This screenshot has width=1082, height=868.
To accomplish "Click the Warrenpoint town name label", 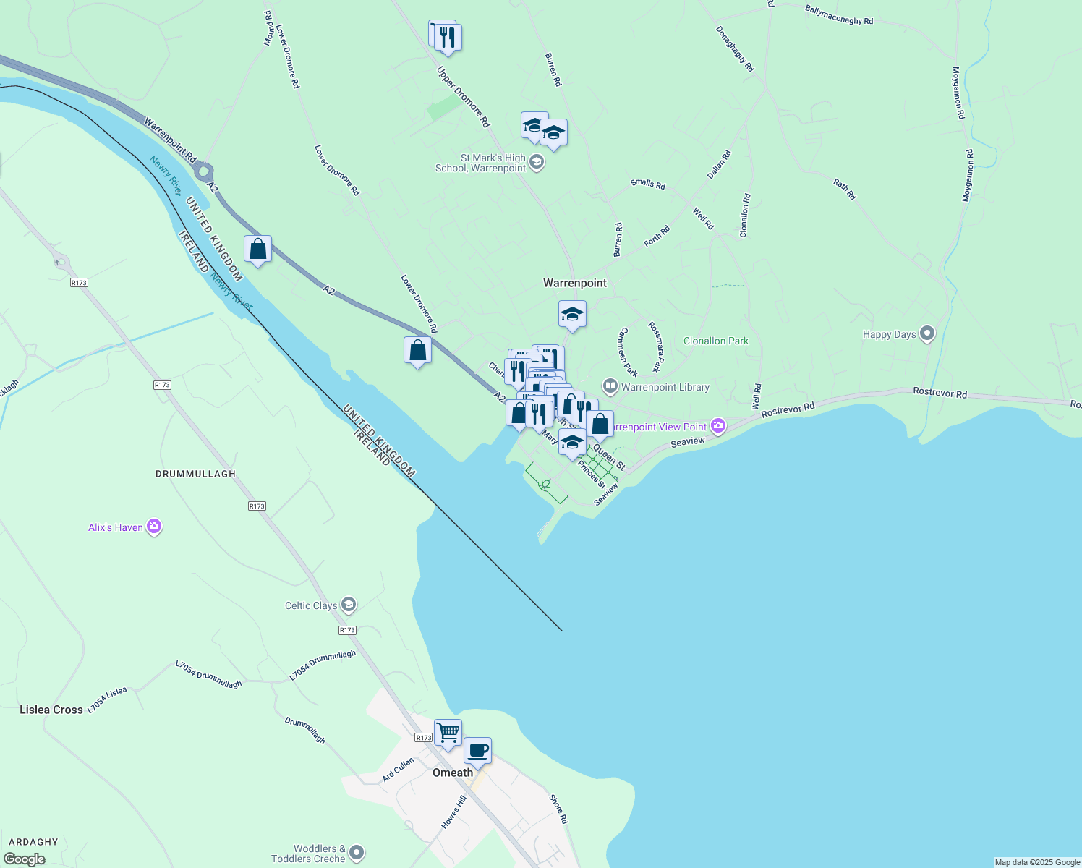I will pos(575,283).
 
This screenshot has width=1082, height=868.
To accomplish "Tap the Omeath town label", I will pos(453,773).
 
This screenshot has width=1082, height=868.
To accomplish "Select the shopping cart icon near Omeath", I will pos(448,733).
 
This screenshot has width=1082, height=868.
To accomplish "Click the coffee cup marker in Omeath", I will pos(477,751).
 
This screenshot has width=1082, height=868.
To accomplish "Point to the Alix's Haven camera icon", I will pos(154,527).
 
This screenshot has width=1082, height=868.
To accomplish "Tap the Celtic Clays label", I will pos(311,605).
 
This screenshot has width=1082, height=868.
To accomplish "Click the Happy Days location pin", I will pos(927,334).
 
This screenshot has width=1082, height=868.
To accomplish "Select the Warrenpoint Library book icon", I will pos(610,387).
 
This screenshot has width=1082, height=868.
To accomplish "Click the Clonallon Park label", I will pos(716,341).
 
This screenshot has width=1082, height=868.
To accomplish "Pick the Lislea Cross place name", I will pos(51,710).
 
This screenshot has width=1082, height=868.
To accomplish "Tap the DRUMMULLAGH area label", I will pos(196,474).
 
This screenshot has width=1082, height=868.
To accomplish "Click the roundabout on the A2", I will pos(203,172).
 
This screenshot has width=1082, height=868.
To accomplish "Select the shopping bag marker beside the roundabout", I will pos(258,250).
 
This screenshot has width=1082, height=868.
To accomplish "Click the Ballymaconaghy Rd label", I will pos(839,15).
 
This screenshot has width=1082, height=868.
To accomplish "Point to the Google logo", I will pos(25,859).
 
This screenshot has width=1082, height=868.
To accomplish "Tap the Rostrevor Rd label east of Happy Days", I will pos(940,393).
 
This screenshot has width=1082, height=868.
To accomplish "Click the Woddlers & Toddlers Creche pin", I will pos(357,854).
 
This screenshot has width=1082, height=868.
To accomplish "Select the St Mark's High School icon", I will pos(537,162).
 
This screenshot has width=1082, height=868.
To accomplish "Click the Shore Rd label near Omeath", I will pos(558,809).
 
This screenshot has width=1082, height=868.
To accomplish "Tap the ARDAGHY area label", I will pos(34,842).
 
